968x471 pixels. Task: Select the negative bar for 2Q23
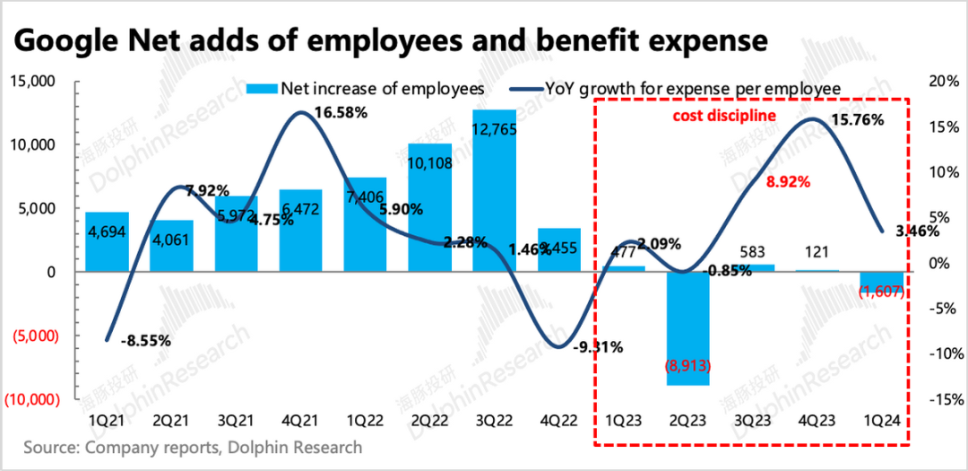[x=688, y=328]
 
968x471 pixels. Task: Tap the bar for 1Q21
[x=108, y=242]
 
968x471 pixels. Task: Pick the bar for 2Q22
[x=430, y=207]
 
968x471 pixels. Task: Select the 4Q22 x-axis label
[x=559, y=420]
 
